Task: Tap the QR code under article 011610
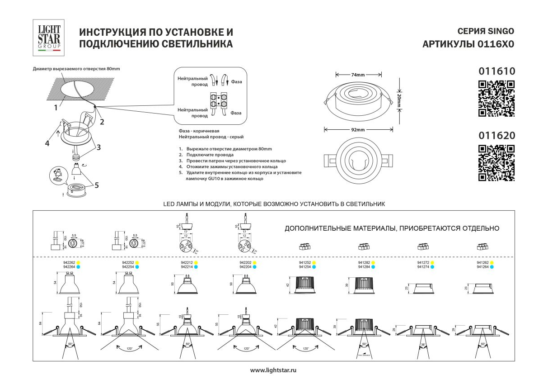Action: coord(496,98)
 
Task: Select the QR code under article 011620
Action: coord(496,163)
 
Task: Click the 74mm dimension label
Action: coord(358,75)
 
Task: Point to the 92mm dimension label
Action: coord(358,130)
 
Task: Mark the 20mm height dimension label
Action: coord(399,100)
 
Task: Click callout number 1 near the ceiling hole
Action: coord(56,108)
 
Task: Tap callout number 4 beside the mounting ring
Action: coord(47,143)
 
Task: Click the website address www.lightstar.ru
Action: coord(273,370)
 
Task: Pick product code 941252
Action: coord(304,262)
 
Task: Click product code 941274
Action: coord(423,267)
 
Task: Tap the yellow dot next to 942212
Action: coord(197,262)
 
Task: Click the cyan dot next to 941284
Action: coord(373,267)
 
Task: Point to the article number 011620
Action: coord(496,135)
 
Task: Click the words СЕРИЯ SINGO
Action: coord(485,31)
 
